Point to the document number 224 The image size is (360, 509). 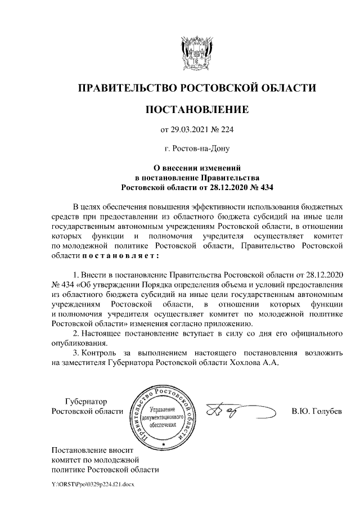(225, 130)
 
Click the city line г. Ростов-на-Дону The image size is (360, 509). (196, 149)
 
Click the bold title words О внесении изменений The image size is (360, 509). (197, 167)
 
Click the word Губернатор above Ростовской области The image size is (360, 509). (85, 402)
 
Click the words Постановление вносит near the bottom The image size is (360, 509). (94, 450)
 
